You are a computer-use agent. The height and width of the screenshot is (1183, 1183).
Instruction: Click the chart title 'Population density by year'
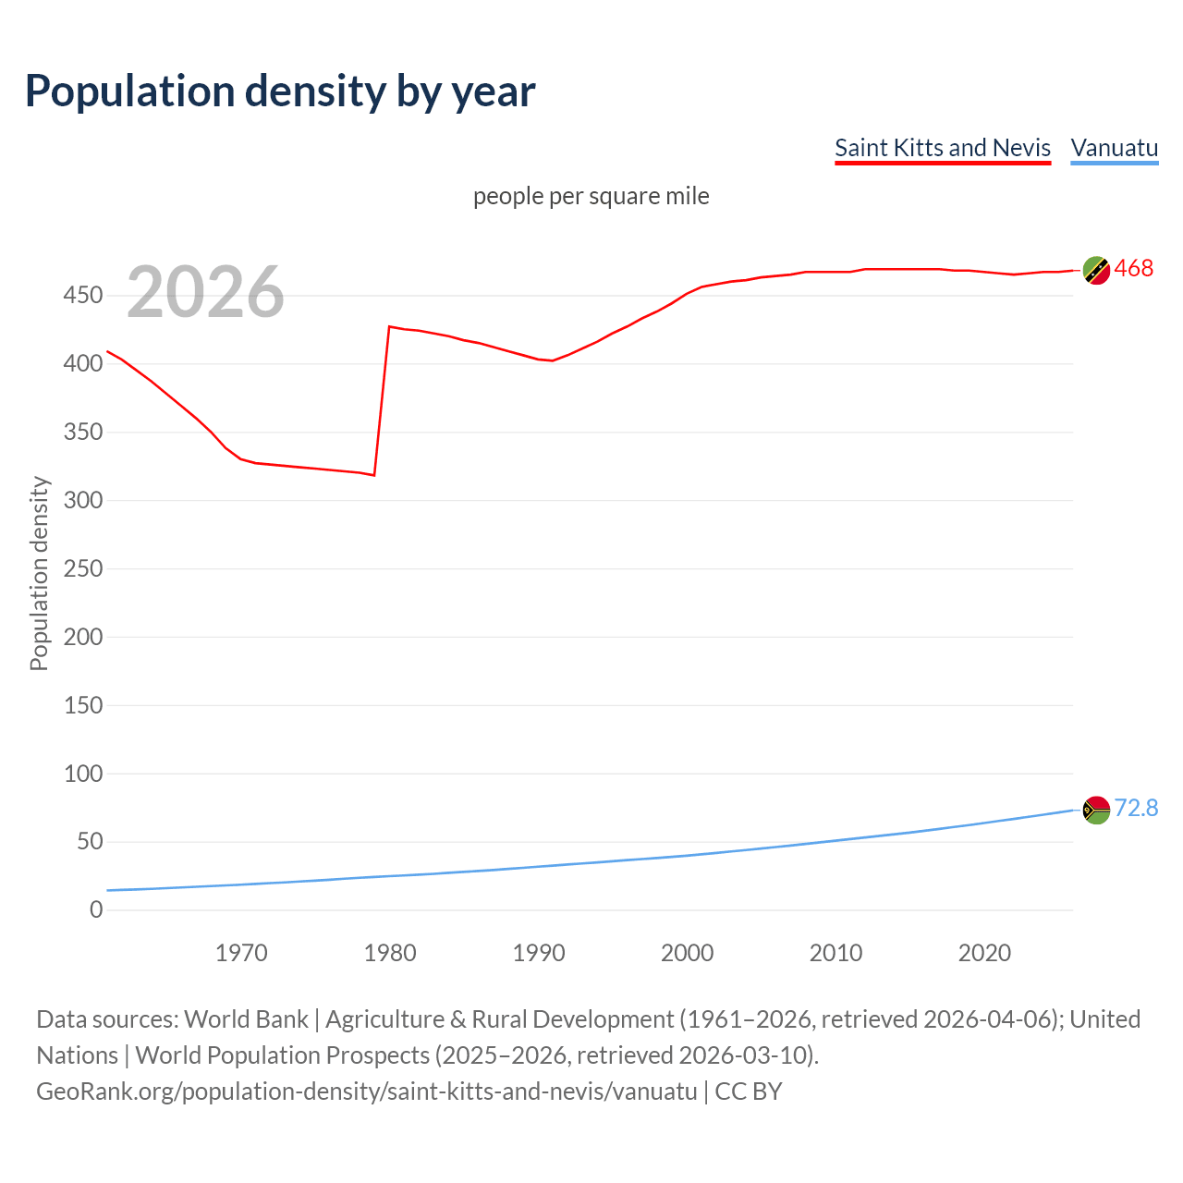[280, 91]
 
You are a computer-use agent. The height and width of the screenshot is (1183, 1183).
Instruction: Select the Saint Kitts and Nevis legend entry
[942, 148]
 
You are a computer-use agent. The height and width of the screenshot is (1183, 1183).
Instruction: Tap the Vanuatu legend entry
[1114, 148]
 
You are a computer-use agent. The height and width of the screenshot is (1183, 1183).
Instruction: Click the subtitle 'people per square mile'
[591, 196]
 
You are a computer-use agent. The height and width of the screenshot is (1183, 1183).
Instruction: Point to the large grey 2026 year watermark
[205, 292]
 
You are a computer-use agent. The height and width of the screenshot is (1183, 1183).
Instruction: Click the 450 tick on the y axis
[82, 296]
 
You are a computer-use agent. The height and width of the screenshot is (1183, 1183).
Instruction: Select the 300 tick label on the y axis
[82, 500]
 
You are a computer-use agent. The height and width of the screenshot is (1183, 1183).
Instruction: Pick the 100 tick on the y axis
[82, 774]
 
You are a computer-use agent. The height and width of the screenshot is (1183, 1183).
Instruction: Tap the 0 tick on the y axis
[96, 909]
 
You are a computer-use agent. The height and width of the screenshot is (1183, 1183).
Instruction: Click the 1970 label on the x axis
[241, 953]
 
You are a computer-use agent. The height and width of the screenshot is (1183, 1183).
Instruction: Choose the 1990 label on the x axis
[539, 953]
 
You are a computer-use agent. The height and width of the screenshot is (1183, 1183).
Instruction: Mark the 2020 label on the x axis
[984, 953]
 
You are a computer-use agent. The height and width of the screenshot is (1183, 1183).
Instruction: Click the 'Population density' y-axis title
[39, 573]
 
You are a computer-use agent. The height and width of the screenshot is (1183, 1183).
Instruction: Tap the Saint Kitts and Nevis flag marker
[1096, 270]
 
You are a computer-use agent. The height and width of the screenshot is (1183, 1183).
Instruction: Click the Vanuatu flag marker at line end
[1096, 810]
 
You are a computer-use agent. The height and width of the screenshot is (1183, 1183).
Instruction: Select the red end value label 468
[1134, 268]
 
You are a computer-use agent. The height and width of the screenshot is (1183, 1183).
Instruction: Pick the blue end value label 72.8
[1136, 808]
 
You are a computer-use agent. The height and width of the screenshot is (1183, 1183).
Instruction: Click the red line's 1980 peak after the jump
[390, 326]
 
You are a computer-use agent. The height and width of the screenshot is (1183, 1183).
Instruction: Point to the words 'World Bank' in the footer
[246, 1019]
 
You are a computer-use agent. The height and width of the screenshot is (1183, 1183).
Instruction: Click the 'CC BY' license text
[749, 1092]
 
